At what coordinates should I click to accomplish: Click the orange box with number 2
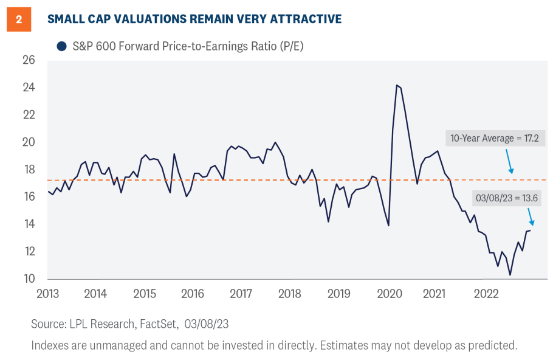click(x=19, y=19)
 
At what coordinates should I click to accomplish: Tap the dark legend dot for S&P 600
click(x=61, y=46)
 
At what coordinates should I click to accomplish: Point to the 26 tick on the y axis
click(x=29, y=60)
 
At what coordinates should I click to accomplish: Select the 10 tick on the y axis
click(x=29, y=279)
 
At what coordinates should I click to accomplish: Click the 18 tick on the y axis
click(x=29, y=170)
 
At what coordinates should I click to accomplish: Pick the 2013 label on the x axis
click(x=47, y=294)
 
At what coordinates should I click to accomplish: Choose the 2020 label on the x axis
click(x=390, y=294)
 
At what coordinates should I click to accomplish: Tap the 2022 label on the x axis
click(x=487, y=294)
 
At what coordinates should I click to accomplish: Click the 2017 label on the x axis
click(x=242, y=294)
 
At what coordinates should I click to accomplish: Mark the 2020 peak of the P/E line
click(x=397, y=85)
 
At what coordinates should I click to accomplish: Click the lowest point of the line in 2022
click(x=510, y=275)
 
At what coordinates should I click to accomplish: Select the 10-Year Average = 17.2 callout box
click(x=495, y=139)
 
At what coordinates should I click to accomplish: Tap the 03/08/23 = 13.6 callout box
click(x=506, y=198)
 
